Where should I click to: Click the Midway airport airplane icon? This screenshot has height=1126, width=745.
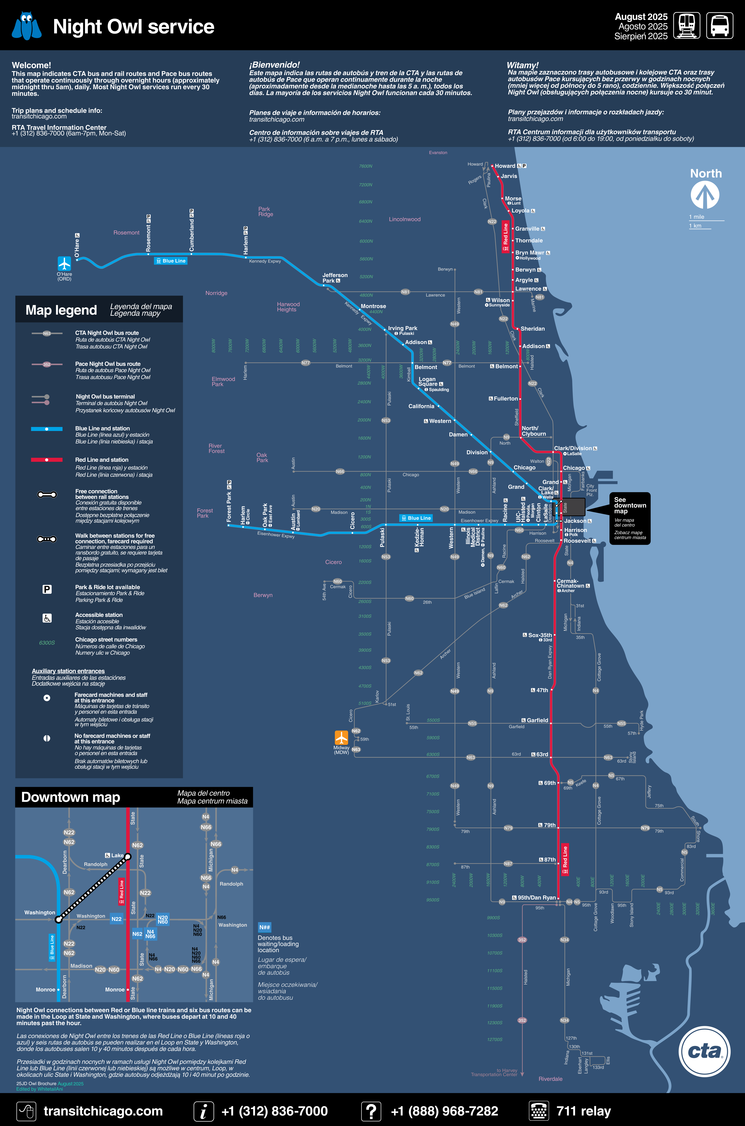point(341,737)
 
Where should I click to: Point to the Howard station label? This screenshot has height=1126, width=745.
point(505,166)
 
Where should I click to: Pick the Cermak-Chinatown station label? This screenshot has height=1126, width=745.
point(568,584)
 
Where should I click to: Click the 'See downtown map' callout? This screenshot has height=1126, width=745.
point(630,518)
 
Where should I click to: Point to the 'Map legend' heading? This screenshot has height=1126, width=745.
point(61,310)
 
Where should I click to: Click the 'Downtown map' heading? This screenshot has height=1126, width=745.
point(71,797)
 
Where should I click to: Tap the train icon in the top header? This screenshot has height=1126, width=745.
point(686,25)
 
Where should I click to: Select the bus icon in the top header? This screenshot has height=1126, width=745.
point(719,25)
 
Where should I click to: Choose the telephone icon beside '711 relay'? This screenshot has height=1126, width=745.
point(539,1111)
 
